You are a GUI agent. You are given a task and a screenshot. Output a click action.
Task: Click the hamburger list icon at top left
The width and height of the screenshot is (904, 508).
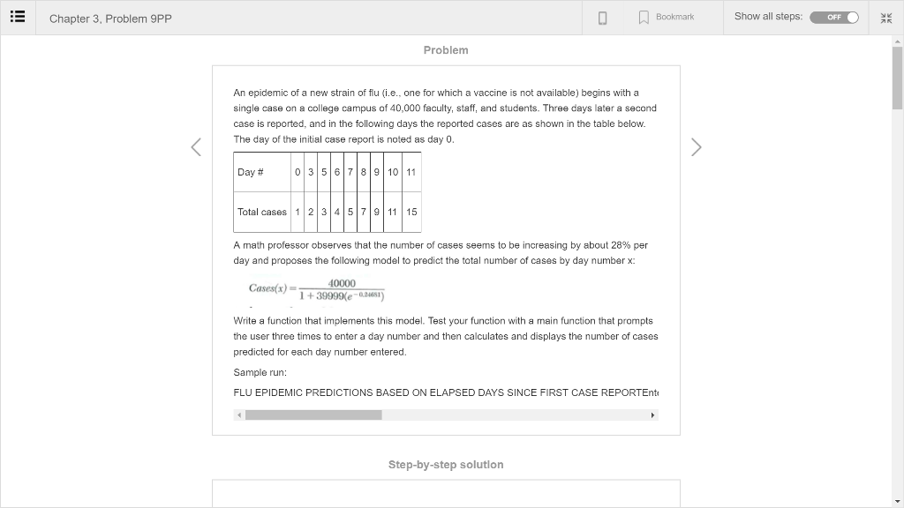point(18,18)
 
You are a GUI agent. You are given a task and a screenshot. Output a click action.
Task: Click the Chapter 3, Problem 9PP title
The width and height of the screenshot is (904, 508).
point(110,19)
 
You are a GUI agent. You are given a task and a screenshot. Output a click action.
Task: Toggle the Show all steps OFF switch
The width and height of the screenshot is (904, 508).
point(834,17)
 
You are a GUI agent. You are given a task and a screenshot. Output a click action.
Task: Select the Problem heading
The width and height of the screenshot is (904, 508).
point(446,50)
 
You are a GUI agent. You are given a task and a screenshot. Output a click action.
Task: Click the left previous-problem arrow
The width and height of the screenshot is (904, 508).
point(197,147)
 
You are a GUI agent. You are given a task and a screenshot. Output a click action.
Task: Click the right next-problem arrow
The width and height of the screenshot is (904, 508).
point(696,147)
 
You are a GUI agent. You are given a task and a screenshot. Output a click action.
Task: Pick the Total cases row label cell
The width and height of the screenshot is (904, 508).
point(262,212)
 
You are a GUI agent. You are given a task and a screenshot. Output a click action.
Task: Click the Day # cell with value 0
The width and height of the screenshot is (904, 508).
point(298,172)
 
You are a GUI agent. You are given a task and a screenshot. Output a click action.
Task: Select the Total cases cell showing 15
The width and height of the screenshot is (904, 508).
point(411,212)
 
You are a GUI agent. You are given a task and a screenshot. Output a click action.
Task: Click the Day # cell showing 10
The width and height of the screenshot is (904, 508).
point(393,172)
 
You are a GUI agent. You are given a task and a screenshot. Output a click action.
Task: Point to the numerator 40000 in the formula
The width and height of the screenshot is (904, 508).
point(342,283)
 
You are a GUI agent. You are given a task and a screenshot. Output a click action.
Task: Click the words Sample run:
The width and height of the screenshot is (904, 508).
point(260,372)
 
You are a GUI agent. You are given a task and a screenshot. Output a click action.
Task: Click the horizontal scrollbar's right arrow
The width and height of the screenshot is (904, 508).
point(652,415)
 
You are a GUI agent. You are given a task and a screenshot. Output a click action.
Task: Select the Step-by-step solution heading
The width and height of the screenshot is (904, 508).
point(446,465)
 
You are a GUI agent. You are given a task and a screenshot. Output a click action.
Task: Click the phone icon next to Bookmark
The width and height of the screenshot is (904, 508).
point(603,18)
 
